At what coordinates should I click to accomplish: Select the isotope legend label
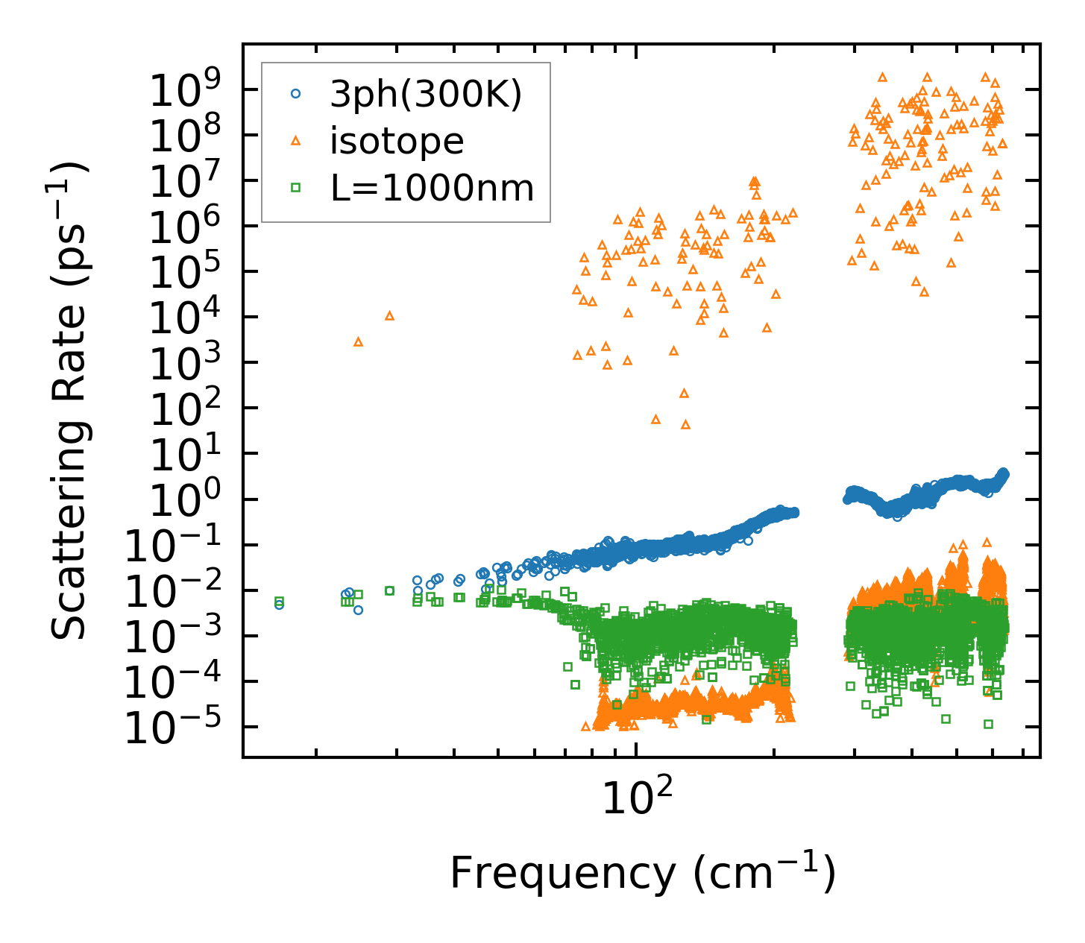(397, 141)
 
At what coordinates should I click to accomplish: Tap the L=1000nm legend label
(433, 188)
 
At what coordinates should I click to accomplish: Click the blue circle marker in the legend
(296, 94)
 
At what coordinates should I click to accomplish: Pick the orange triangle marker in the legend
(296, 140)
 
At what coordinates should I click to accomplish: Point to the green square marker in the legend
(296, 188)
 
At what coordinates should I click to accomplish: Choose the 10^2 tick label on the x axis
(635, 799)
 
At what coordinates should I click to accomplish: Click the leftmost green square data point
(279, 601)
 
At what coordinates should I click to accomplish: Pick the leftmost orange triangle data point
(358, 341)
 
